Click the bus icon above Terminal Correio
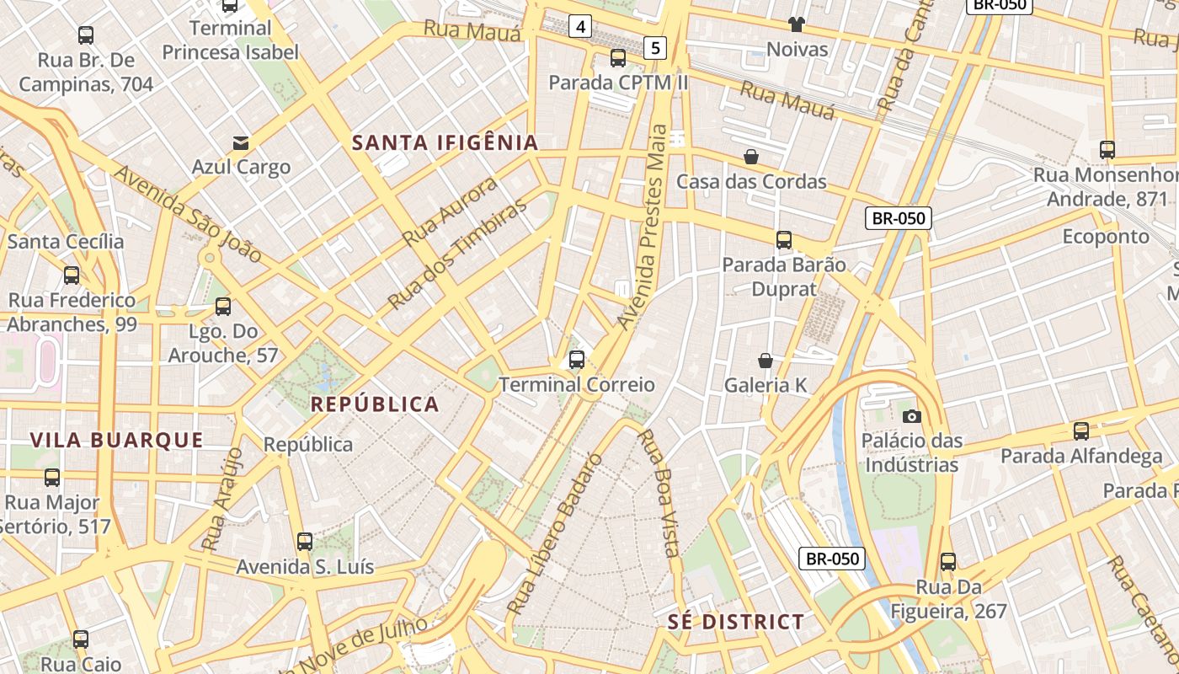(x=577, y=360)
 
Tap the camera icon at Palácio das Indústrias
(x=911, y=416)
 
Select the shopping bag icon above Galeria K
(x=766, y=361)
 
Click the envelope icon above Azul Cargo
(x=241, y=142)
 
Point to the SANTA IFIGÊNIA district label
(x=445, y=142)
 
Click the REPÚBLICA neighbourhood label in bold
(x=375, y=404)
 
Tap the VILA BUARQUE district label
(x=116, y=440)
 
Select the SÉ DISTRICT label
(x=736, y=623)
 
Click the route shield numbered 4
(x=579, y=27)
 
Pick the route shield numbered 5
(x=655, y=48)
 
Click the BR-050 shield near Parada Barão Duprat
(x=899, y=218)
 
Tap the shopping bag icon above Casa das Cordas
(x=750, y=157)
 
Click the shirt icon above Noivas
(x=796, y=24)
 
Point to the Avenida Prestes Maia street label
(x=643, y=227)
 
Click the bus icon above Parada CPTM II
(x=618, y=58)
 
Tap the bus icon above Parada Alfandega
(x=1081, y=431)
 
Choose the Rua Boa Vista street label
(x=659, y=493)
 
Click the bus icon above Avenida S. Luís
(x=305, y=542)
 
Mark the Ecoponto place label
(x=1105, y=236)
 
